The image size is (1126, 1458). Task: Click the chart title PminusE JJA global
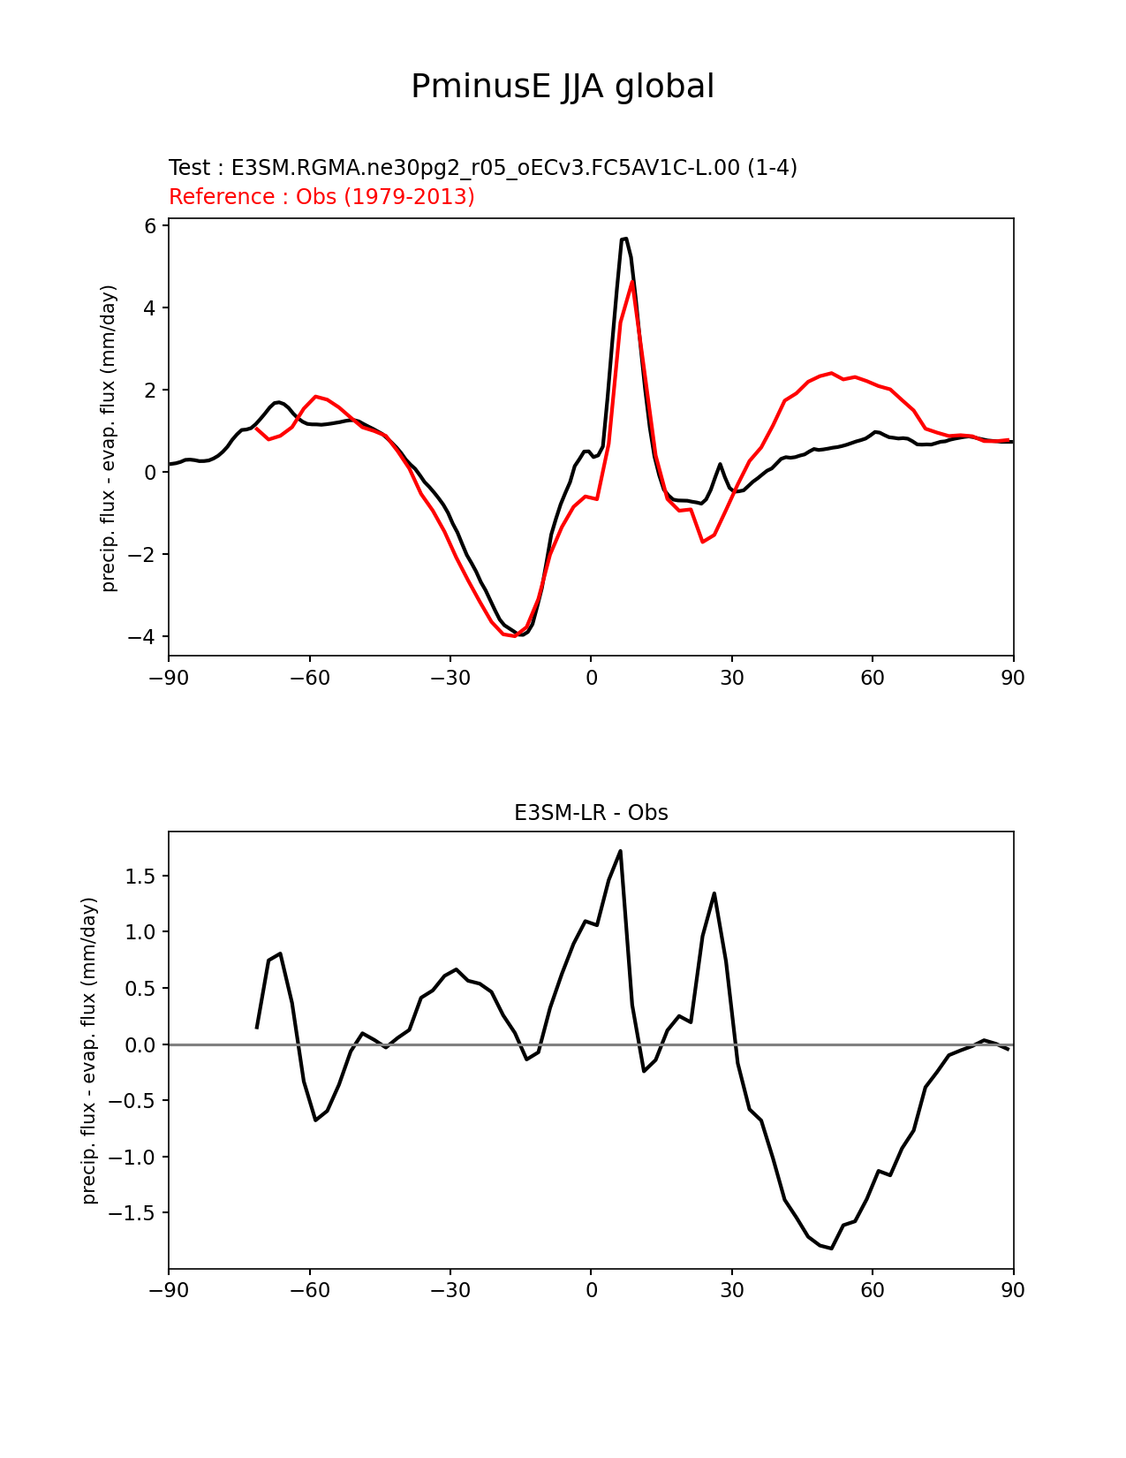pyautogui.click(x=563, y=87)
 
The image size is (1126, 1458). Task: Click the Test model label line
pyautogui.click(x=483, y=168)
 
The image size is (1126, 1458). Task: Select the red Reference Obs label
pyautogui.click(x=321, y=196)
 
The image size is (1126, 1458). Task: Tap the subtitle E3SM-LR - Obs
pyautogui.click(x=591, y=813)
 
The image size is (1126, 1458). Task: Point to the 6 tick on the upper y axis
pyautogui.click(x=150, y=226)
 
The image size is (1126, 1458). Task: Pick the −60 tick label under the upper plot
pyautogui.click(x=309, y=679)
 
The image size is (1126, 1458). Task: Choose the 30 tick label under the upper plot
pyautogui.click(x=732, y=679)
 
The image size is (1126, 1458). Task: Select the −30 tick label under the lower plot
pyautogui.click(x=450, y=1291)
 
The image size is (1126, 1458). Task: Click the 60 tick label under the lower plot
pyautogui.click(x=873, y=1291)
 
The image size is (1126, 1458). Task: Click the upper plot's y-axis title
pyautogui.click(x=109, y=438)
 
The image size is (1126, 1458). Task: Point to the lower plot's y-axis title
pyautogui.click(x=89, y=1050)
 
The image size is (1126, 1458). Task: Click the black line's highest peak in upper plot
pyautogui.click(x=624, y=239)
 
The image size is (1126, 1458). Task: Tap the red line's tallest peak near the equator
pyautogui.click(x=632, y=281)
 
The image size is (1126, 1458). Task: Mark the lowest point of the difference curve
pyautogui.click(x=832, y=1248)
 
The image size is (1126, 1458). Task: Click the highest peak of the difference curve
pyautogui.click(x=621, y=851)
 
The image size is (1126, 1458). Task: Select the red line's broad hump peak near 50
pyautogui.click(x=832, y=373)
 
